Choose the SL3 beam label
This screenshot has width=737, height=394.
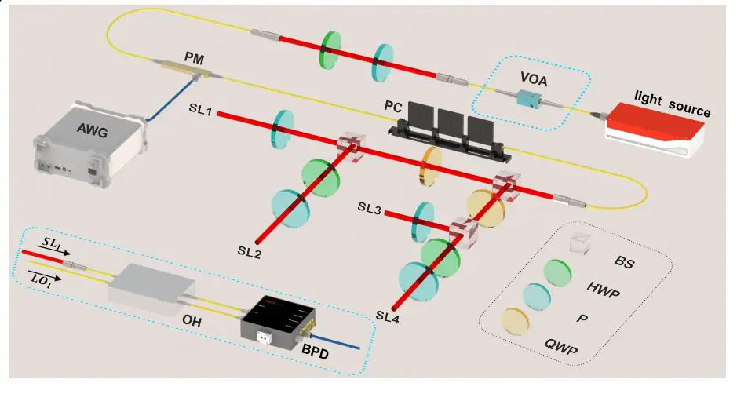tap(370, 207)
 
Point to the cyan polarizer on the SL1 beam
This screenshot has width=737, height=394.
tap(281, 129)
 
